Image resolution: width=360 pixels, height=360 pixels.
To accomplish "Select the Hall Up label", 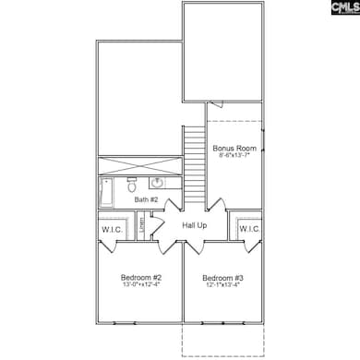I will pos(195,225).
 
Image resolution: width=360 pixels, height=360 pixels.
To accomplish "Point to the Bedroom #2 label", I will pos(141,278).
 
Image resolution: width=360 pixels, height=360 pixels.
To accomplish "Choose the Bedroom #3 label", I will pos(222,278).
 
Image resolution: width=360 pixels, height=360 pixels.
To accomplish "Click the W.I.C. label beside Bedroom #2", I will pos(112,229).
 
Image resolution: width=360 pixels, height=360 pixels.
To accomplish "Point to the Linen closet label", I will pos(142,225).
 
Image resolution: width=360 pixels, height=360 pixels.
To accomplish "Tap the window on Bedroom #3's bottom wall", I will pos(222,324).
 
